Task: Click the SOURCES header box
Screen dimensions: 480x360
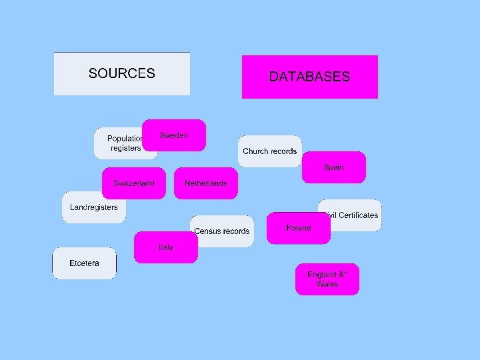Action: pos(122,73)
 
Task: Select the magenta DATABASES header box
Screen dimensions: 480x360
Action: pos(309,77)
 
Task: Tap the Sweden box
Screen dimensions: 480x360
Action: pos(174,135)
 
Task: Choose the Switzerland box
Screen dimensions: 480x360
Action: pos(134,183)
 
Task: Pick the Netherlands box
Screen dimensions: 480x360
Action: pos(206,183)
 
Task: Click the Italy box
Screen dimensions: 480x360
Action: pos(166,247)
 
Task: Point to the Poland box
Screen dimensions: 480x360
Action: pos(299,228)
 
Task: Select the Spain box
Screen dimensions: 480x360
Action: pos(334,167)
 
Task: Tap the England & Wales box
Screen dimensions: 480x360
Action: pos(327,279)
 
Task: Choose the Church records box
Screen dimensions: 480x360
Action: pos(270,151)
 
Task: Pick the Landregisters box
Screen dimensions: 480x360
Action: pos(94,207)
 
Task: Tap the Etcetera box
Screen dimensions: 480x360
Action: pos(85,263)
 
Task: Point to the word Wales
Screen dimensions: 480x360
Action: pos(327,284)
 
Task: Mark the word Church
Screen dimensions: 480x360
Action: pos(255,151)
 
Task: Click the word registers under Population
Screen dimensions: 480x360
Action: pos(126,148)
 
